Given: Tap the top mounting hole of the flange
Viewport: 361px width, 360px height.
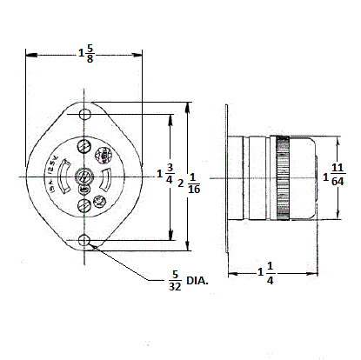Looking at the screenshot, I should point(84,115).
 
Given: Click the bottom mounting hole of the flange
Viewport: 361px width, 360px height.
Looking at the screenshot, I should point(84,240).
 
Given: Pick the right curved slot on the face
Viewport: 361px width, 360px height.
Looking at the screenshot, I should point(104,178).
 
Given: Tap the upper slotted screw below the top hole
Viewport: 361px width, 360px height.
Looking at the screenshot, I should point(84,146).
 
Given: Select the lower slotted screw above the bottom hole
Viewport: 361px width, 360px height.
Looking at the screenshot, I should point(84,207).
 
